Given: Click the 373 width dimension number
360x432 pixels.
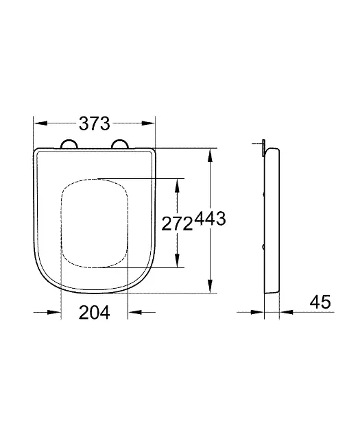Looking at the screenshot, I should coord(95,124).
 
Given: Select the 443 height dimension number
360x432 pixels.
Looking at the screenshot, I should coord(211,221).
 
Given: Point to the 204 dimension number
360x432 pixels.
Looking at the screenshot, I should coord(95,313).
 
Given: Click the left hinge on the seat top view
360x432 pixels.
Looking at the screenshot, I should coord(69,143).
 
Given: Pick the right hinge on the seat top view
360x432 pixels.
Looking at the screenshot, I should coord(119,143).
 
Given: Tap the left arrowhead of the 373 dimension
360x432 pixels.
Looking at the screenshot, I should coord(40,124).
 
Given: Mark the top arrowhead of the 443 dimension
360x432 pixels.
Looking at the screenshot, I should coord(211,154).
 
